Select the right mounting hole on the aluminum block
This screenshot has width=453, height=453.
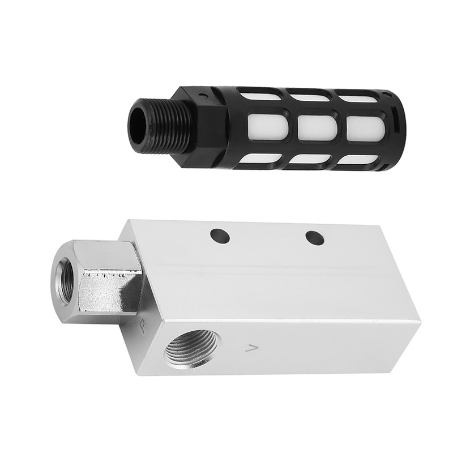point(311,237)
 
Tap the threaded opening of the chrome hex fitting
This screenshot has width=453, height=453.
point(67,270)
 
